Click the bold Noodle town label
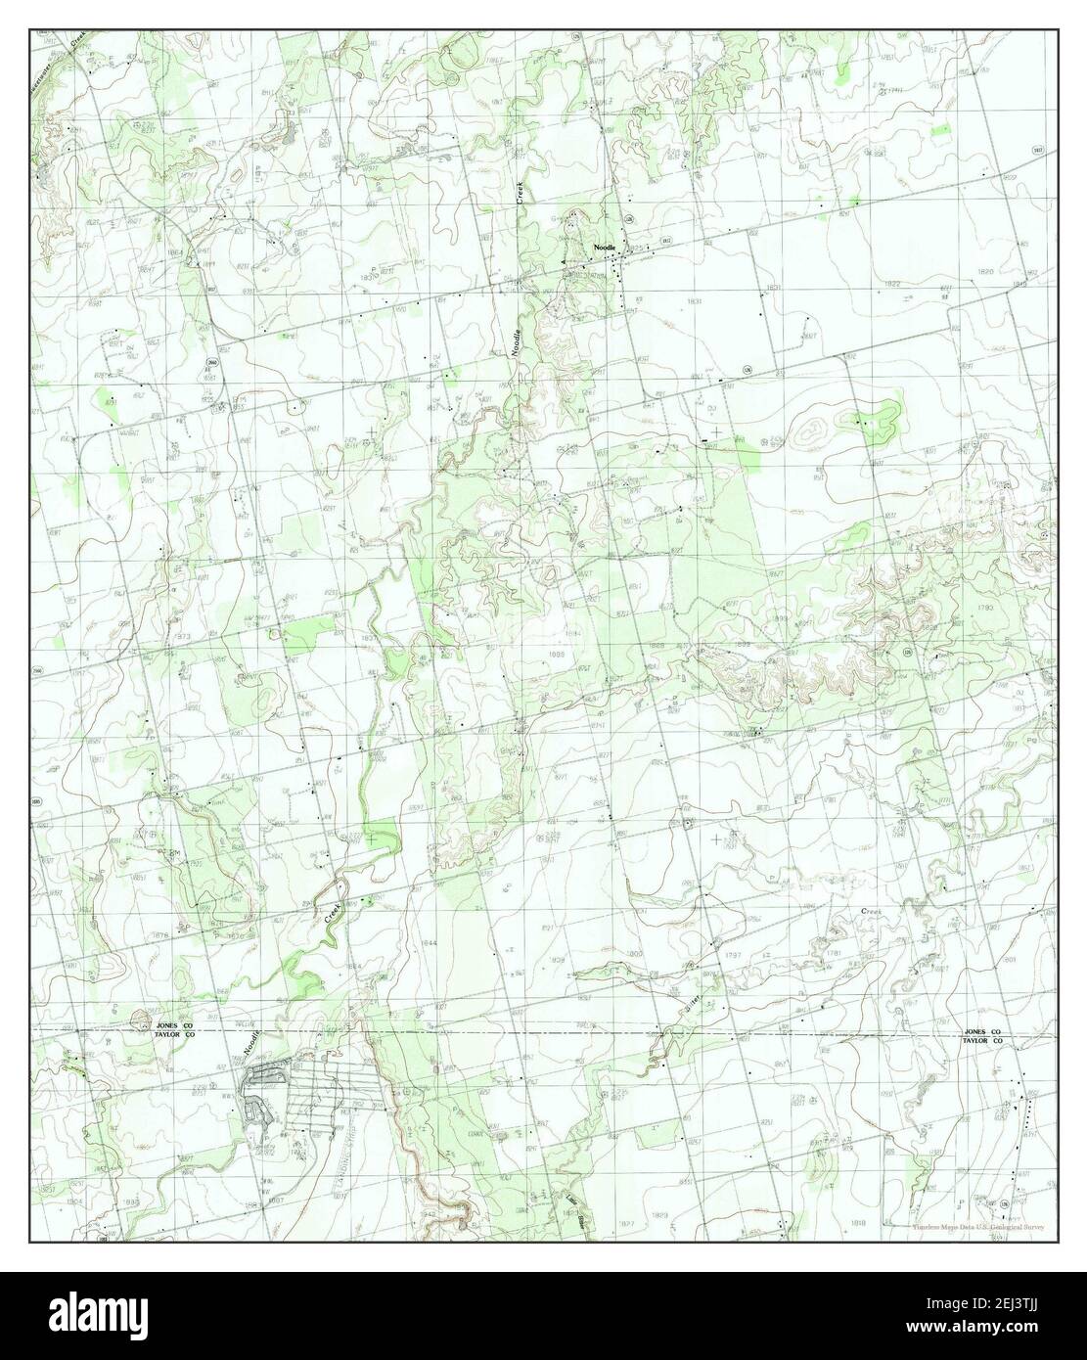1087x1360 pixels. pos(604,248)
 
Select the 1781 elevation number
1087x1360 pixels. pos(834,951)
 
